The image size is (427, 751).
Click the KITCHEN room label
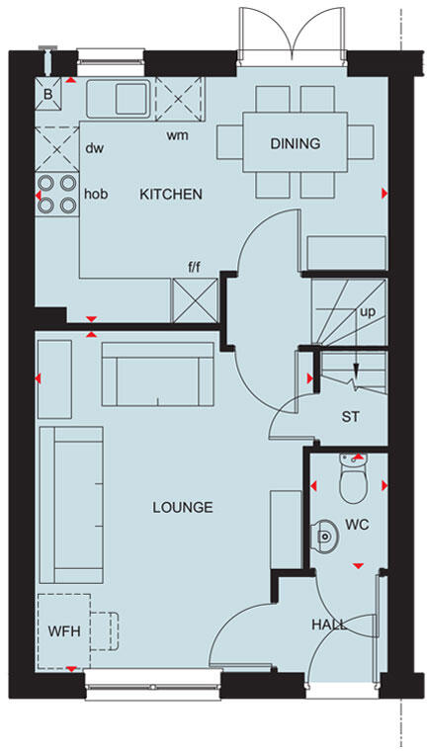coord(170,194)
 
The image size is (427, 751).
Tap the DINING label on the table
coord(295,143)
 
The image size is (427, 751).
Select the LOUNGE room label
coord(182,507)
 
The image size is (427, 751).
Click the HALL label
coord(329,624)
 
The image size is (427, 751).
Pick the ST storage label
coord(350,416)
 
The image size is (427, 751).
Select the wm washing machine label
coord(177,134)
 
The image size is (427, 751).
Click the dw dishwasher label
coord(95,149)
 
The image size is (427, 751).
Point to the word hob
coord(95,194)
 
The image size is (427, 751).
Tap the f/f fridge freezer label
coord(194,266)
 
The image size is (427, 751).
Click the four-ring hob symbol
coord(56,194)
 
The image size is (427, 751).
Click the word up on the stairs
coord(368,310)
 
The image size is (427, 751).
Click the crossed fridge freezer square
coord(194,298)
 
